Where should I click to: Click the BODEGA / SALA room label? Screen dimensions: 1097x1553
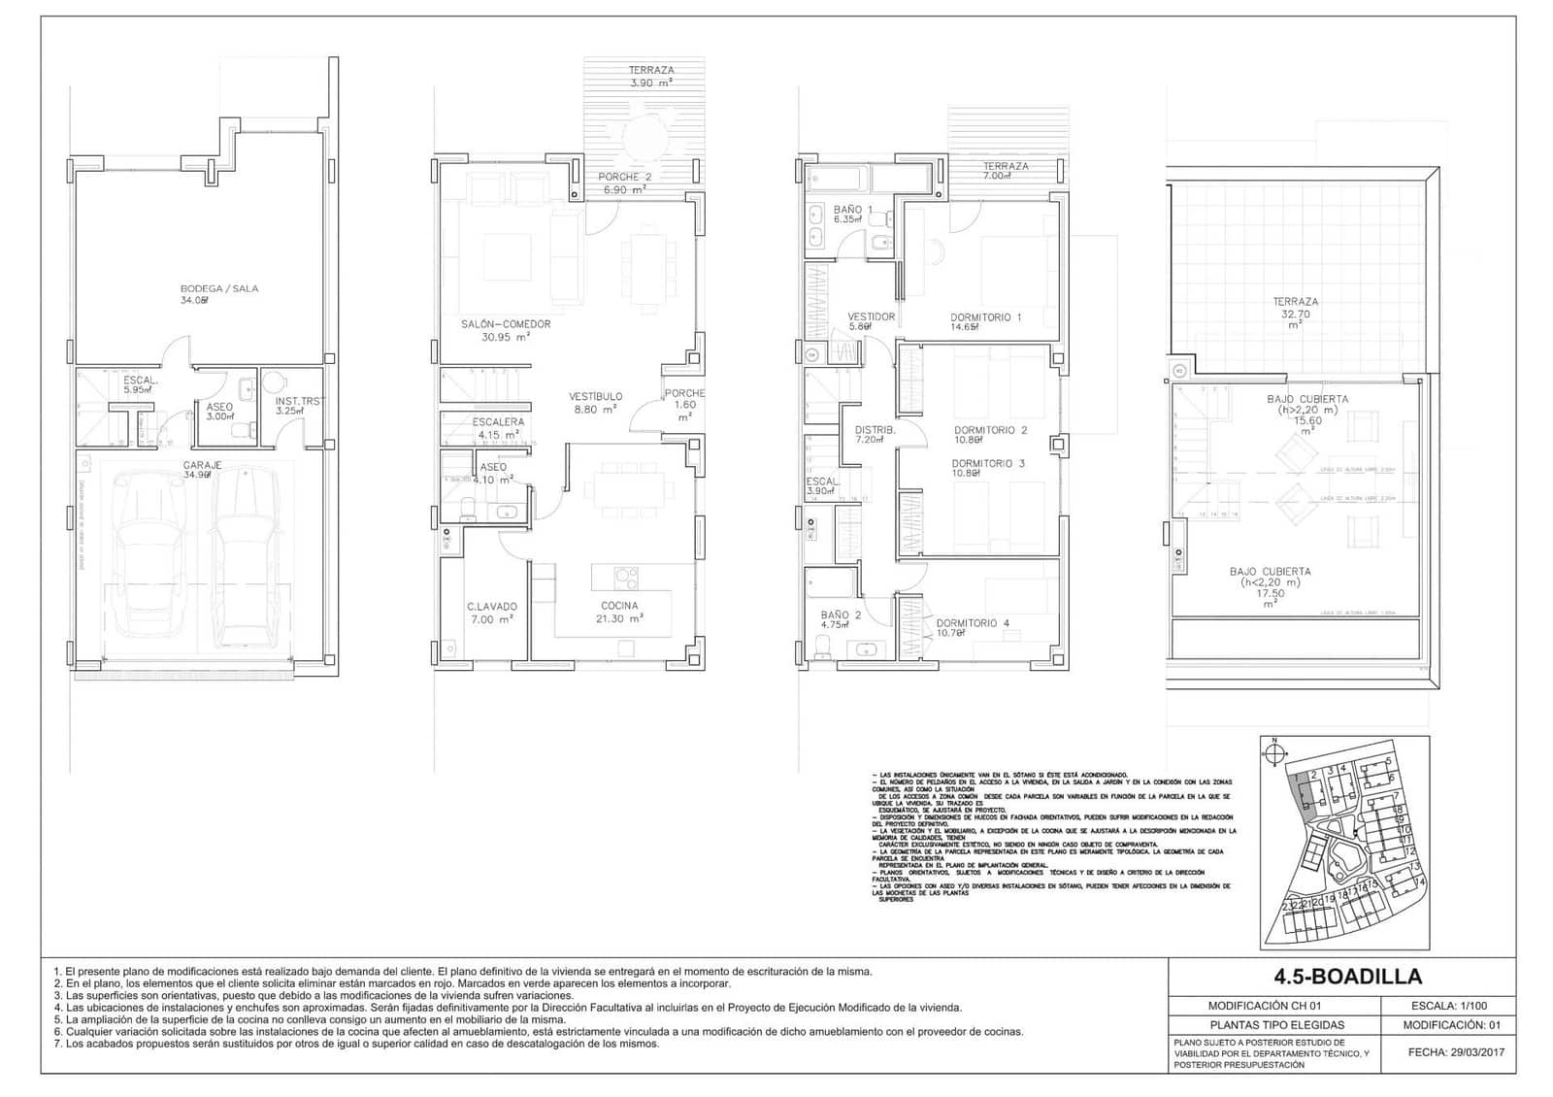[219, 294]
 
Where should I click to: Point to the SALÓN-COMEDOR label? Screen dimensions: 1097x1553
[506, 330]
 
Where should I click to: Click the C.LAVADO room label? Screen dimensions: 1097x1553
[492, 612]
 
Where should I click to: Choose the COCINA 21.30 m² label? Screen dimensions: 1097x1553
[619, 612]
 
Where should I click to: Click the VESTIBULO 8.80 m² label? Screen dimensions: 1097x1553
[595, 403]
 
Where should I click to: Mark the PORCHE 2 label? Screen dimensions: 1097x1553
[624, 183]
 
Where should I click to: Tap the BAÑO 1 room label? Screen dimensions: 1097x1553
[852, 214]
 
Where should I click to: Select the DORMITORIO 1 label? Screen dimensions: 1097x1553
[985, 321]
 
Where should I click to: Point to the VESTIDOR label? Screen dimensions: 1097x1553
[871, 321]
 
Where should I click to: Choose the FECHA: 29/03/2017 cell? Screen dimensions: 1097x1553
[1453, 1052]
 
